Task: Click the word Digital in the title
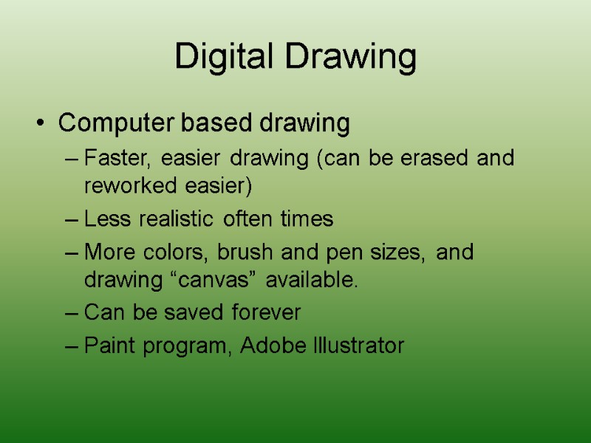coord(219,58)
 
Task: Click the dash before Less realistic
coord(71,220)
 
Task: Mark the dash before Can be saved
coord(71,314)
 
